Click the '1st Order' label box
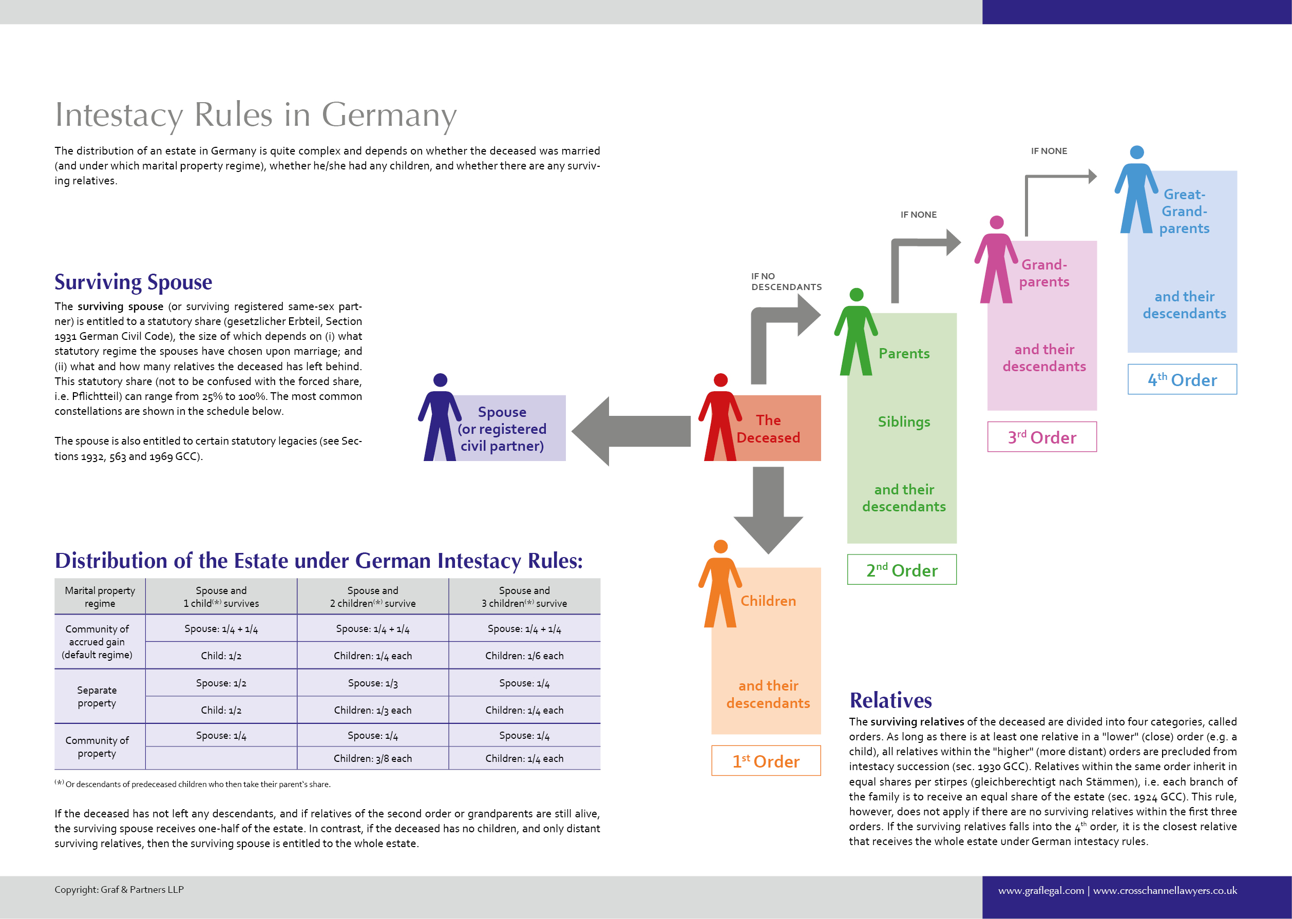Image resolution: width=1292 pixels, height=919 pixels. pos(766,760)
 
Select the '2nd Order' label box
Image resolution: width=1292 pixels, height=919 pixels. pos(902,569)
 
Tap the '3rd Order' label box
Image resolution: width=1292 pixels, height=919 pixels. pos(1041,436)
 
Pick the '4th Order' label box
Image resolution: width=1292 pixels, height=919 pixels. pos(1182,379)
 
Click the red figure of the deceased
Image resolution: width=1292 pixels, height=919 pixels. pos(720,419)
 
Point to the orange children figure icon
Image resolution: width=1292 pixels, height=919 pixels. pos(720,586)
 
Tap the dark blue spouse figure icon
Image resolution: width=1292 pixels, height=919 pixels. pos(440,419)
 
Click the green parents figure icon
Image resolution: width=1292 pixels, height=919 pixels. pos(856,334)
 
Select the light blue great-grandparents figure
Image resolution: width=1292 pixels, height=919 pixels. pos(1136,193)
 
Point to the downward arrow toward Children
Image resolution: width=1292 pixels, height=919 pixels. pos(768,509)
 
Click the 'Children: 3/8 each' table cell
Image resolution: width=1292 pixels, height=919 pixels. pos(372,758)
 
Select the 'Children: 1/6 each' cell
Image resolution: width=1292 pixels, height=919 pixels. pos(524,655)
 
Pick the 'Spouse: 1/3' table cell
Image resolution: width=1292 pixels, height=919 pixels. pos(372,683)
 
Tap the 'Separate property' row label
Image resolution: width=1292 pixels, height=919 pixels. pos(97,697)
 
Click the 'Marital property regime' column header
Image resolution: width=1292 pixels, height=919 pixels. pos(100,597)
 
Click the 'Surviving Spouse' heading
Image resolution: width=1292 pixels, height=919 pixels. pos(133,282)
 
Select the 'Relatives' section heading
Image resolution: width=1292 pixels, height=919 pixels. pos(890,700)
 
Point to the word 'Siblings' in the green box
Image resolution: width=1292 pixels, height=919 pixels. pos(904,422)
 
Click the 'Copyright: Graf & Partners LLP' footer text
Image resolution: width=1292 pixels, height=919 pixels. pos(119,890)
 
